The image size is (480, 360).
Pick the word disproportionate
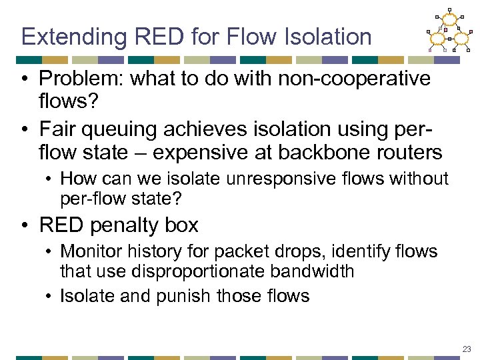(x=193, y=272)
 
